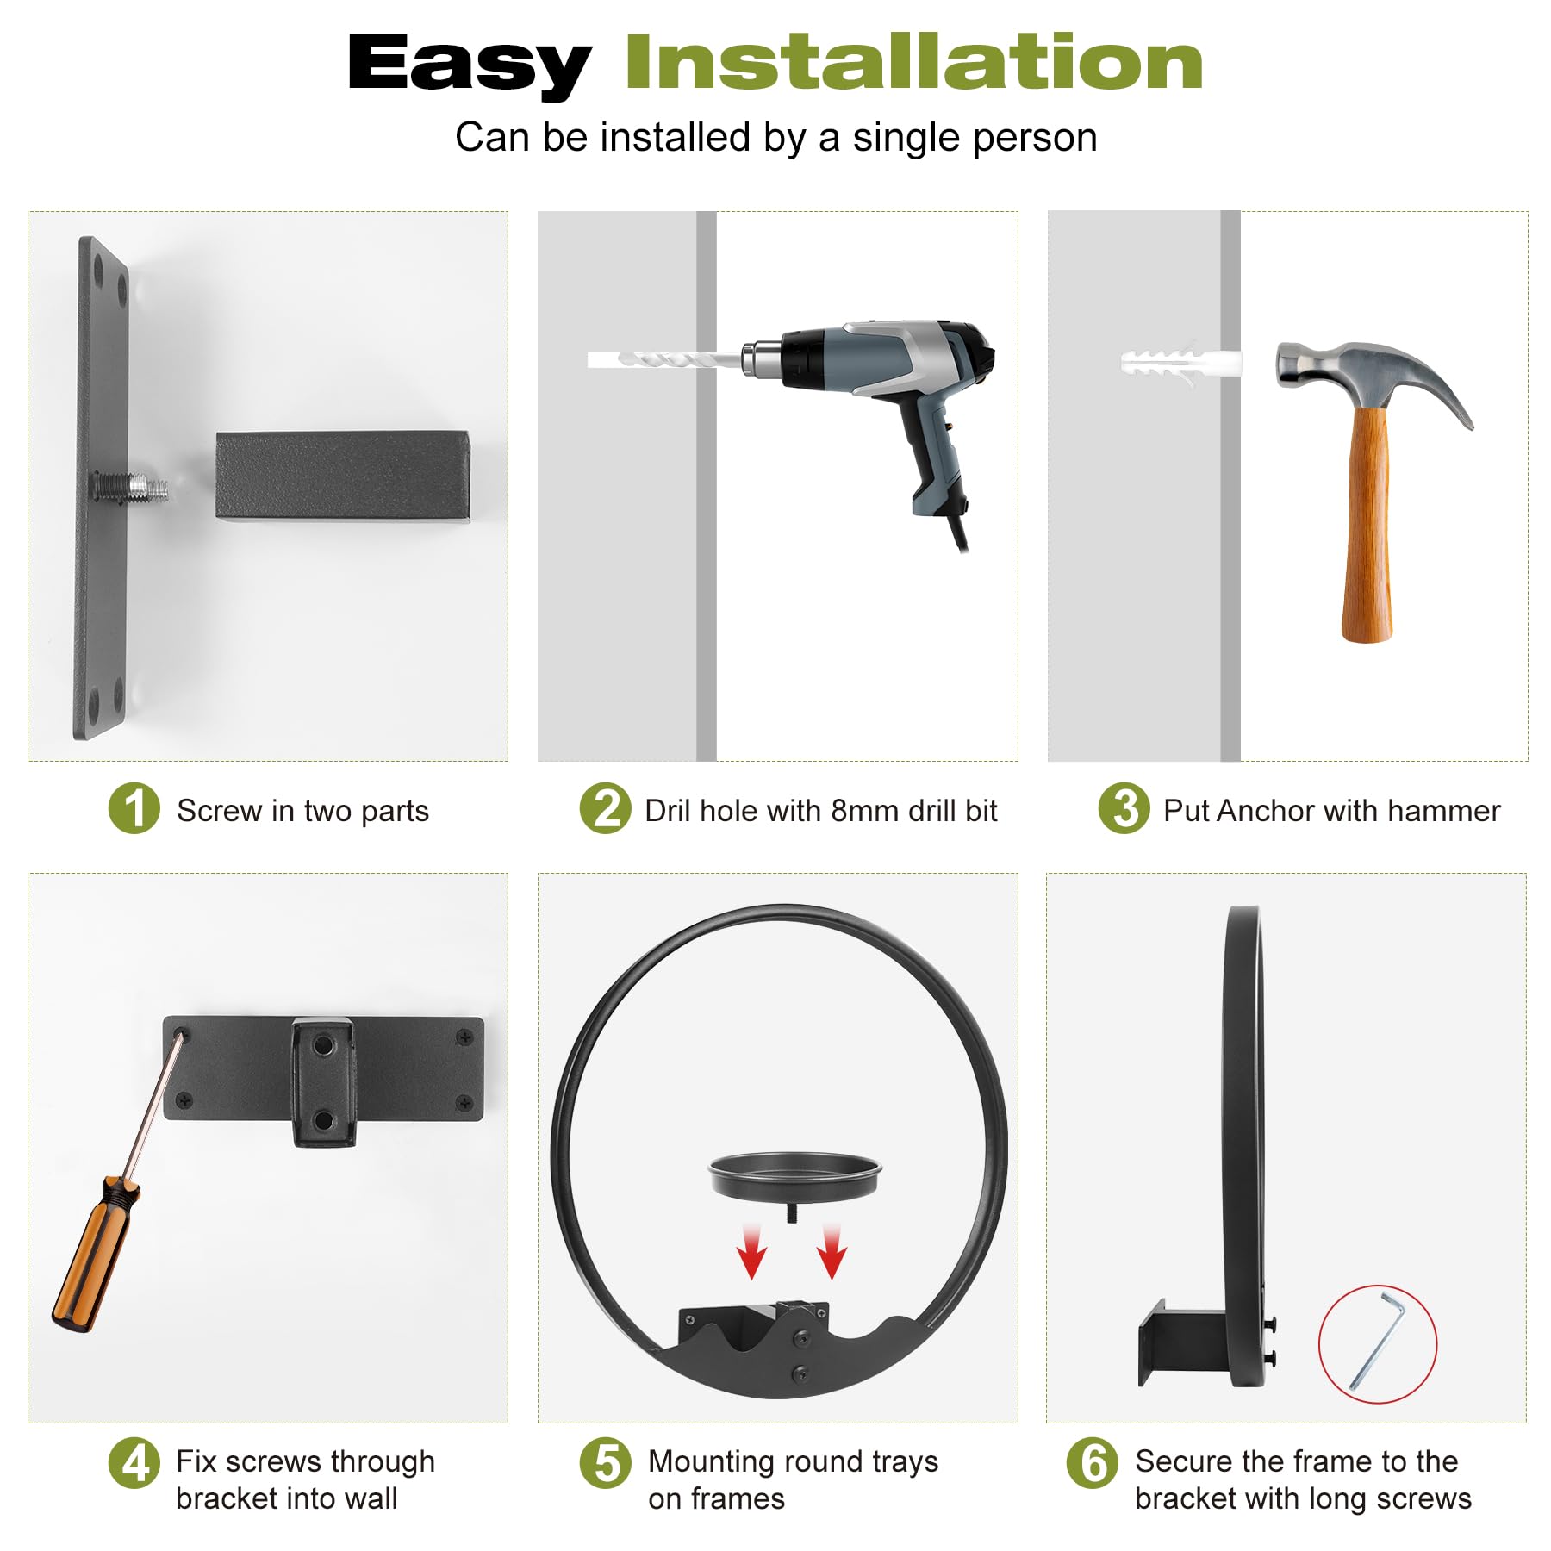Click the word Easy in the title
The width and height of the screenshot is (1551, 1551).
point(470,65)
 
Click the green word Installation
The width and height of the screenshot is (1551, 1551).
point(914,61)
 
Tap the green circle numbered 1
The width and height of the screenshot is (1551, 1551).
point(134,808)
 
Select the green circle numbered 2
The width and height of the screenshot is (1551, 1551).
point(606,808)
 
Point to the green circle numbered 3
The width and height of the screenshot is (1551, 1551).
point(1124,808)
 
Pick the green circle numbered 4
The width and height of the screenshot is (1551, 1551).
point(134,1462)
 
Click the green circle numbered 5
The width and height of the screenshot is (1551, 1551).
point(606,1462)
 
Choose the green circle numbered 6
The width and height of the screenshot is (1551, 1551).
point(1093,1462)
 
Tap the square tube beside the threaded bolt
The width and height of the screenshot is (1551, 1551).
point(343,477)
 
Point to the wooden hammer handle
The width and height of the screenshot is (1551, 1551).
point(1367,524)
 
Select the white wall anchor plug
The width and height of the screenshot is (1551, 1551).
point(1180,363)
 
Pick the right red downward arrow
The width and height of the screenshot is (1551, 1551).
point(832,1249)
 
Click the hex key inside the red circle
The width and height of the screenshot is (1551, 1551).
point(1377,1341)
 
